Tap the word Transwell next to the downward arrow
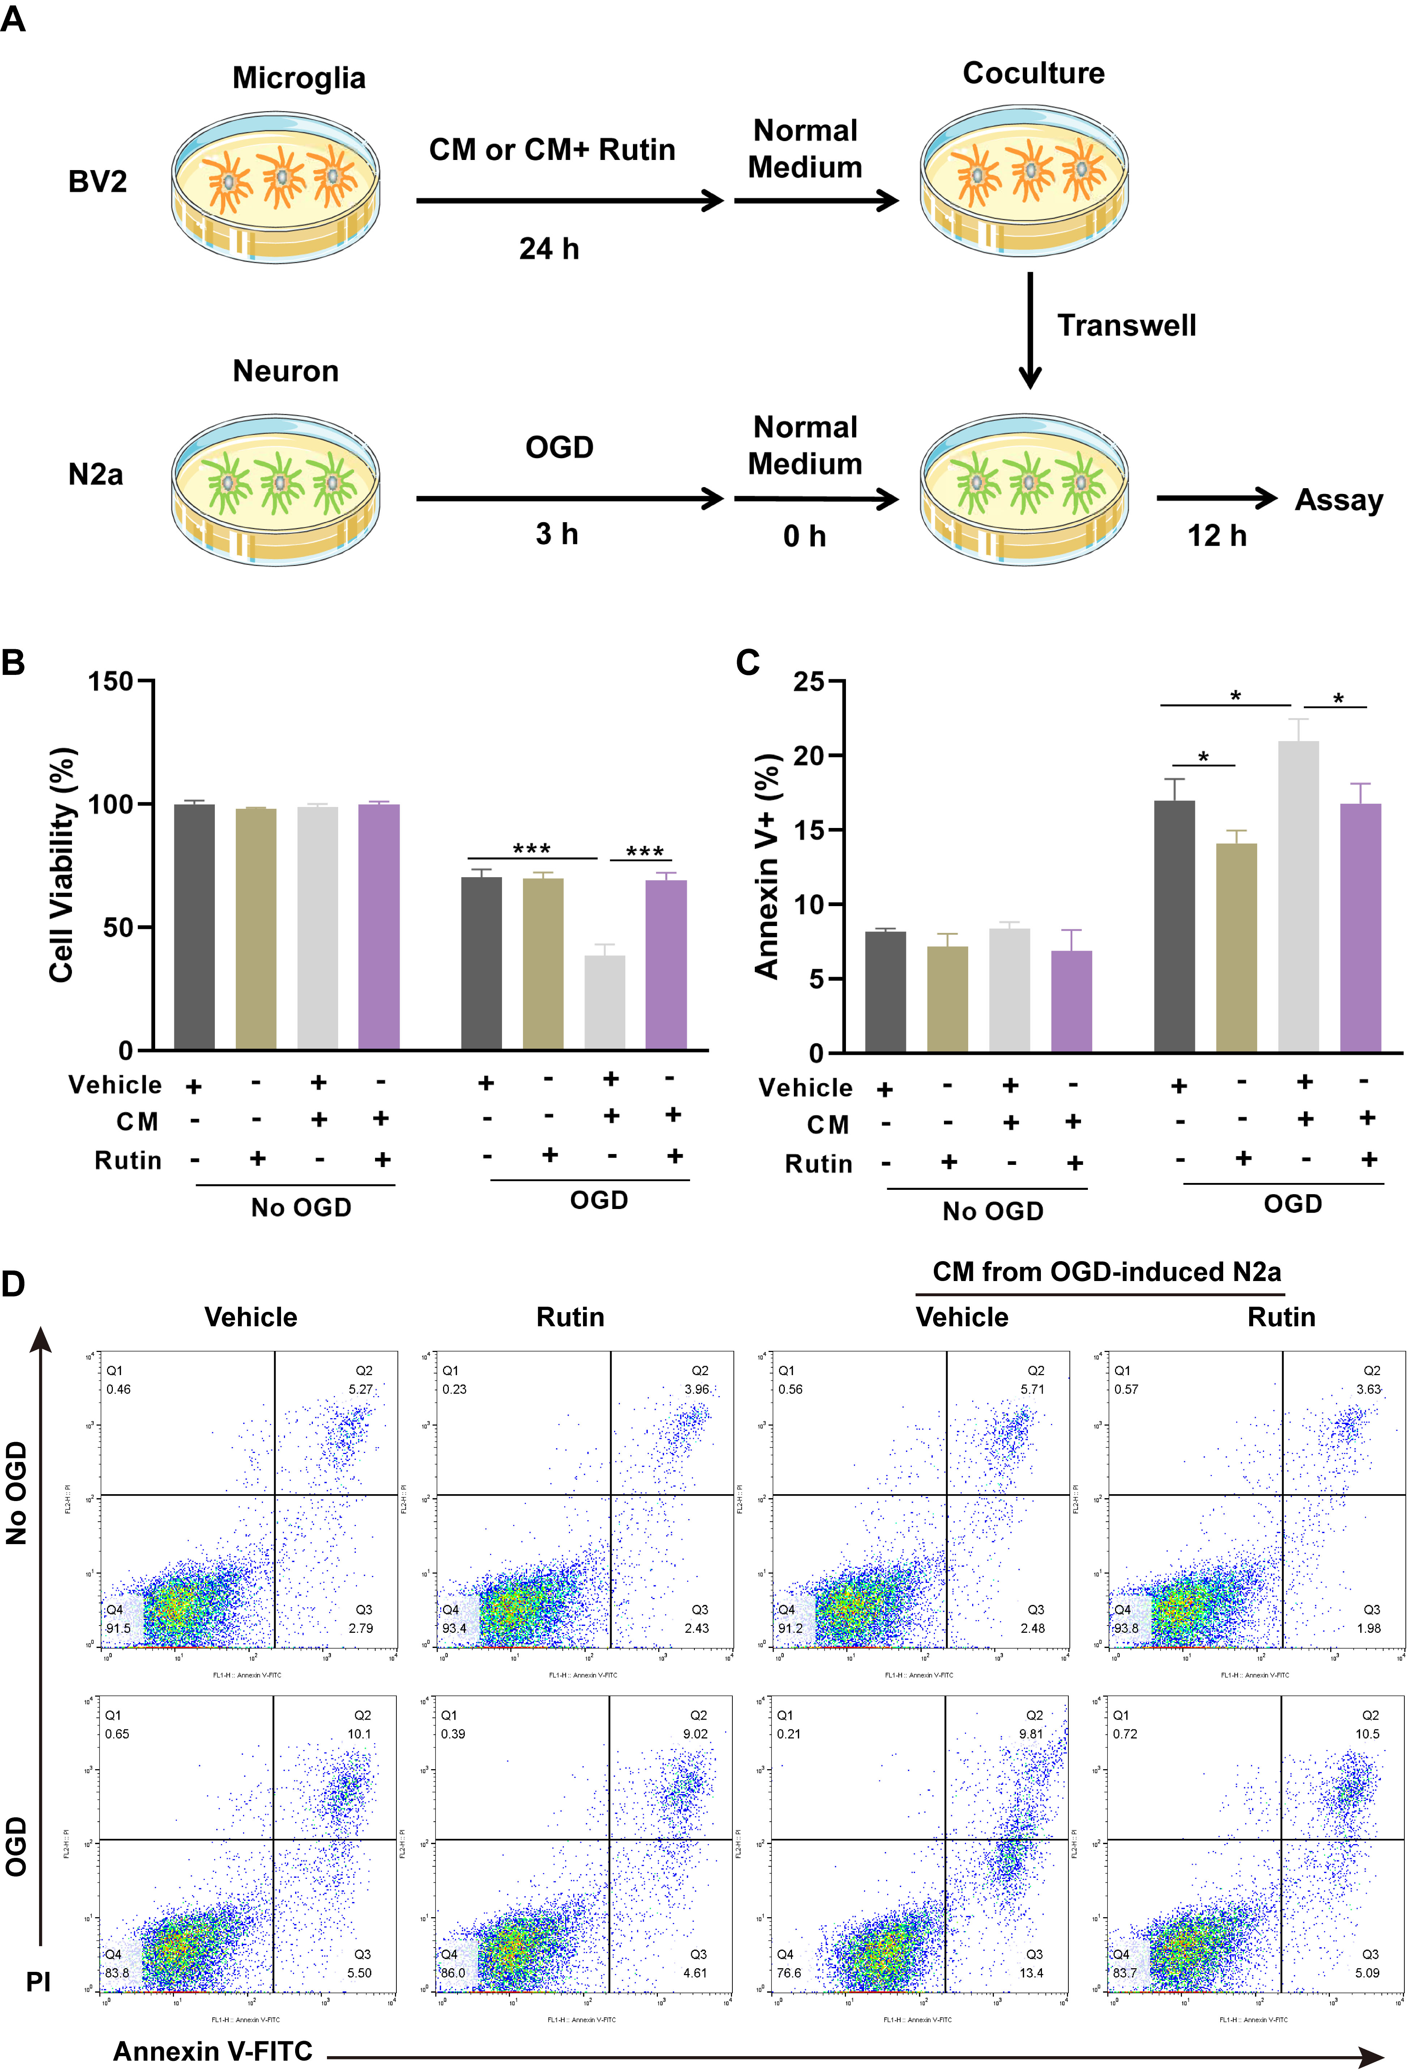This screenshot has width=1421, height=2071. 1126,325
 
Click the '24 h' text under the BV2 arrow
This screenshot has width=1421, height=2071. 549,249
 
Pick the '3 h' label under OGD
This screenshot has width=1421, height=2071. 557,534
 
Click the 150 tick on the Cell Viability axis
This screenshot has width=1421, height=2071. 111,682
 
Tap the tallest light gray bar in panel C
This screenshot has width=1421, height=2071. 1298,896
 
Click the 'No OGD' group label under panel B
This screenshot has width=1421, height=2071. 301,1208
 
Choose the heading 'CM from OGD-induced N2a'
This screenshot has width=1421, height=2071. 1106,1272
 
